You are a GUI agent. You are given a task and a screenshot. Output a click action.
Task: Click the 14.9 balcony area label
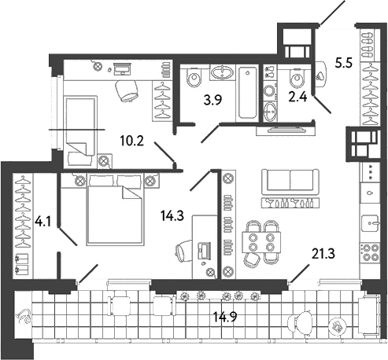coord(225,317)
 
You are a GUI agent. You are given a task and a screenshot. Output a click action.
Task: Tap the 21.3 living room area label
coord(323,253)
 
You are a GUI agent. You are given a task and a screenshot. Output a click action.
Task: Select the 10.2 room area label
coord(132,141)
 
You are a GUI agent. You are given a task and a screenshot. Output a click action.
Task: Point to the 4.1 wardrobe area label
coord(44,222)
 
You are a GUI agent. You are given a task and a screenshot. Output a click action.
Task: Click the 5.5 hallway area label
coord(344,63)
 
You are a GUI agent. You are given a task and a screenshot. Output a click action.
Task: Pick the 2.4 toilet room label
coord(297,97)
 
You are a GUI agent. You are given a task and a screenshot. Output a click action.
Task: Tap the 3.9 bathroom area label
coord(213,100)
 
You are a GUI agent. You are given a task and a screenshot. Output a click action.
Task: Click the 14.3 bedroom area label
coord(172,216)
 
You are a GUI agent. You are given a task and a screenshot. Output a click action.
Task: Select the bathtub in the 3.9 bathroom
coord(247,93)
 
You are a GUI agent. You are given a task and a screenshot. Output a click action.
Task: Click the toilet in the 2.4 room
coord(297,77)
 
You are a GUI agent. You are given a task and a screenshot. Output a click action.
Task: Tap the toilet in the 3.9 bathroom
coord(194,77)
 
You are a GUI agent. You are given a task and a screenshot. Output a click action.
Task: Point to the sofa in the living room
coord(290,182)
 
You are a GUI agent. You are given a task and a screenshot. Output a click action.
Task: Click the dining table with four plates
coord(261,242)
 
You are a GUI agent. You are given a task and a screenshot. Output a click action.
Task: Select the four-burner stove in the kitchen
coord(370,252)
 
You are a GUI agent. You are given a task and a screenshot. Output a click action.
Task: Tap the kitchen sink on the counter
coord(370,223)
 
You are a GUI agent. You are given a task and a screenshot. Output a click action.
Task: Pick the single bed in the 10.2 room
coord(80,131)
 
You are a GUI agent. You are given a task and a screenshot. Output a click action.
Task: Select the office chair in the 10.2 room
coord(127,90)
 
